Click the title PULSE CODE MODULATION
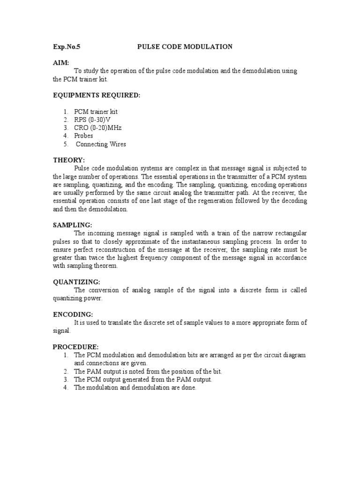point(185,46)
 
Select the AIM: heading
point(60,62)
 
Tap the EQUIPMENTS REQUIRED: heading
point(96,95)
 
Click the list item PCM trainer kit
point(96,112)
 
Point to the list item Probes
point(83,135)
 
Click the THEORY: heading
point(68,160)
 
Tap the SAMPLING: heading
point(72,225)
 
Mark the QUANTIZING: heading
point(76,282)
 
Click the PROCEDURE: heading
point(75,346)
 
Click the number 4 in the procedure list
point(66,388)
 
